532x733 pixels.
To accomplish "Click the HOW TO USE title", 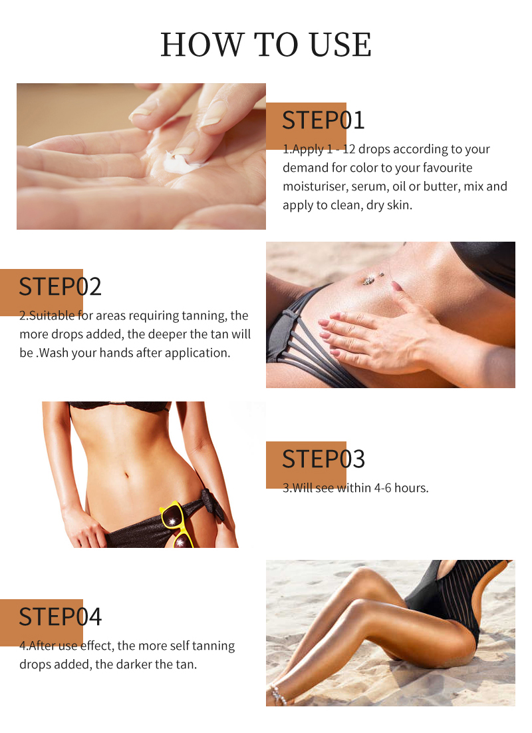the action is [266, 45].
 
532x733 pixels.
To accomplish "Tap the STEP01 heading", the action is [323, 120].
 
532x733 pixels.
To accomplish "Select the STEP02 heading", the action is [60, 286].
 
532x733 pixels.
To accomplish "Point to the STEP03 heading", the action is [323, 459].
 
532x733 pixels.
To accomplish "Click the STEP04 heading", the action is [60, 616].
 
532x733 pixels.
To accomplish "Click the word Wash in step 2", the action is [54, 353].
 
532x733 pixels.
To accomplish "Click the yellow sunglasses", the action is [177, 523].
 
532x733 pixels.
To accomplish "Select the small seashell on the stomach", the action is [369, 280].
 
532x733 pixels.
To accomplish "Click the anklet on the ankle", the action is [279, 694].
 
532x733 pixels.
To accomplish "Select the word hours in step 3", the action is [412, 488].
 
